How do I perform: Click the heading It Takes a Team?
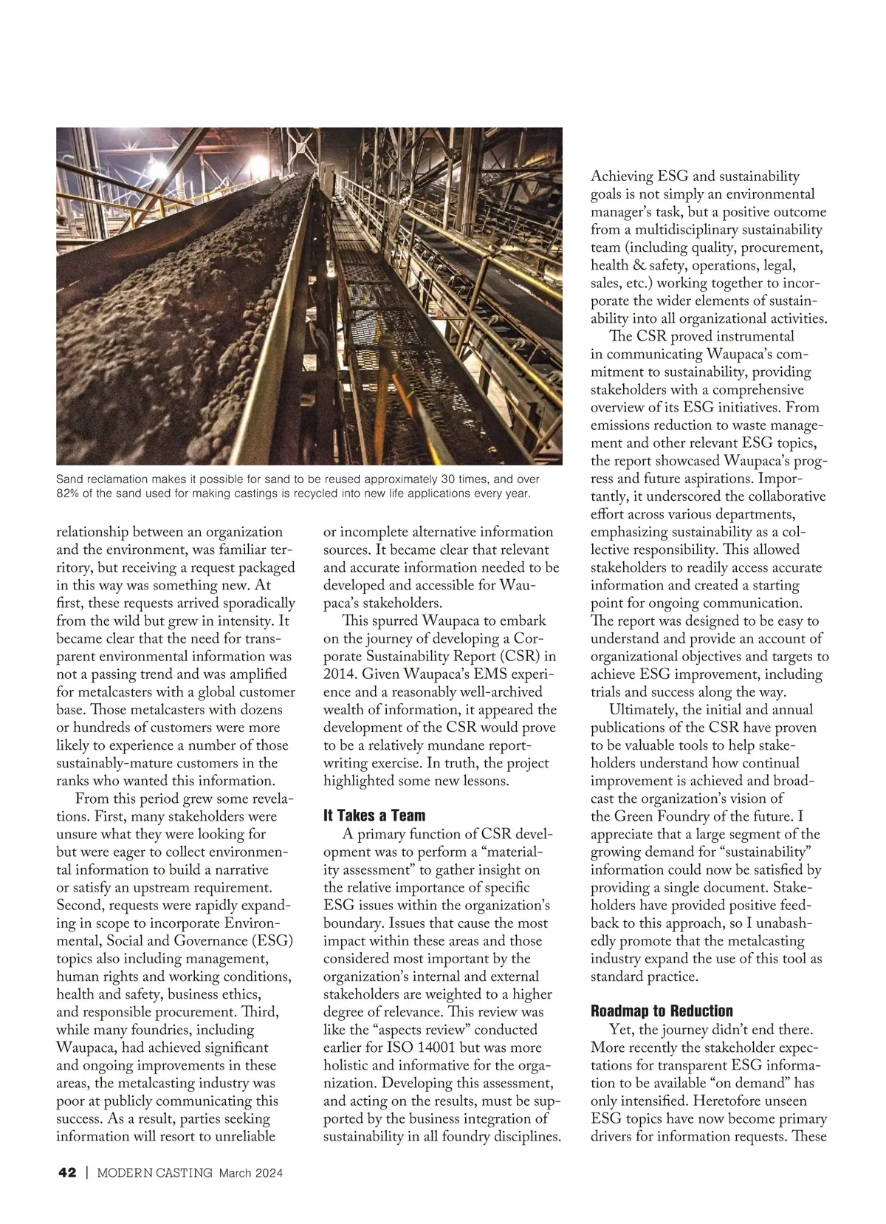374,816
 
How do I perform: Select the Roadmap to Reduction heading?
662,1011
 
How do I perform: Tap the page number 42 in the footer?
67,1173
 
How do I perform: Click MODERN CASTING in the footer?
155,1173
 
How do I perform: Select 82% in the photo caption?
69,493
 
